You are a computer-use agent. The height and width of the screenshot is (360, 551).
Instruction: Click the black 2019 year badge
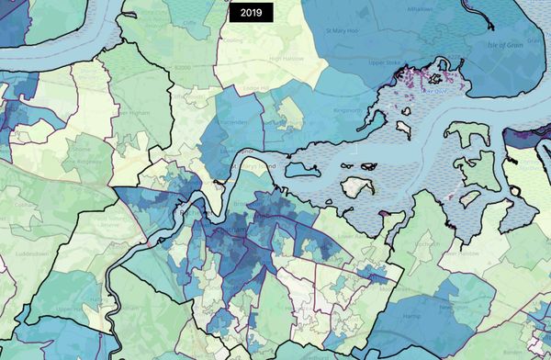tap(251, 13)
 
